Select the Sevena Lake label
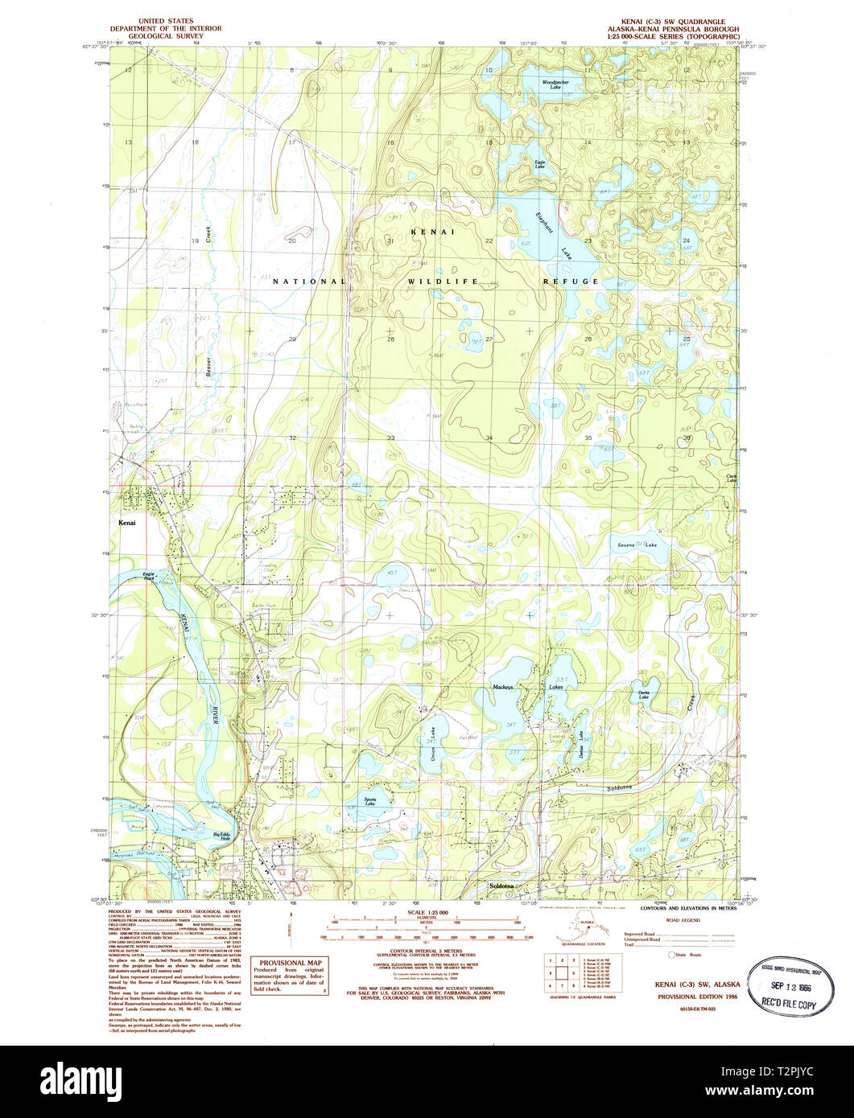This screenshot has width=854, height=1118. tap(637, 545)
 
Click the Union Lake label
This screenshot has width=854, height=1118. tap(432, 754)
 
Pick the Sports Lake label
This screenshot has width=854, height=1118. tap(369, 801)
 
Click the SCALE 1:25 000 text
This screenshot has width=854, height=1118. tap(427, 913)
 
